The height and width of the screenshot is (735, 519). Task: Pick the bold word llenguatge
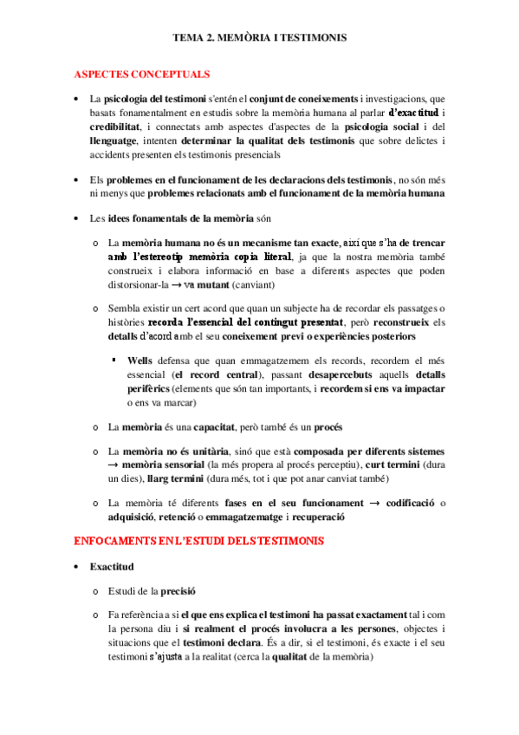tap(118, 142)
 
